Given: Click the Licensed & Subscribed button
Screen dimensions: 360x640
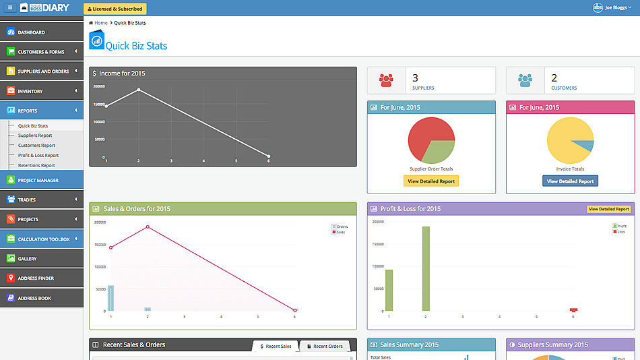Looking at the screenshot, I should pos(115,9).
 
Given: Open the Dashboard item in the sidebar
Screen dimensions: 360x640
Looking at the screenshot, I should pos(32,32).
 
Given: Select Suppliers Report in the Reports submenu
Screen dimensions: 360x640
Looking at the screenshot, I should pos(35,136).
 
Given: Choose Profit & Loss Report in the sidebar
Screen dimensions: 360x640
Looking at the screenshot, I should pos(38,156).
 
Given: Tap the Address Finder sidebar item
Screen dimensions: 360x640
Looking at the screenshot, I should pos(36,278).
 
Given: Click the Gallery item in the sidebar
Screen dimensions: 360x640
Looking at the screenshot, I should pos(28,259).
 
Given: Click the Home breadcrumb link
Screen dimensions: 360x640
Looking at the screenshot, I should pos(100,23).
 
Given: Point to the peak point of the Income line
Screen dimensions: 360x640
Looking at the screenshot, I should pos(139,90).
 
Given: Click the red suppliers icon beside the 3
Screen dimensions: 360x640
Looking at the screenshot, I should pos(386,80).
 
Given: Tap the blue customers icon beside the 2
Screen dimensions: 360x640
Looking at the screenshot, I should pos(525,80).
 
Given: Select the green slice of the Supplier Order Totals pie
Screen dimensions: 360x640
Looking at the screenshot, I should pos(440,152).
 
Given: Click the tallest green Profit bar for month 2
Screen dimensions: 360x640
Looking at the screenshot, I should pos(426,268).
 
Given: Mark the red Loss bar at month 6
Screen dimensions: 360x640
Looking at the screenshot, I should pos(573,309).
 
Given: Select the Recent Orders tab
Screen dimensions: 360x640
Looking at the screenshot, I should pos(325,347).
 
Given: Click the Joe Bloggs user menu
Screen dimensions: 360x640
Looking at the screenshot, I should pos(612,7).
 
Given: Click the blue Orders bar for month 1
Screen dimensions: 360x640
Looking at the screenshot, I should pos(110,298).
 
